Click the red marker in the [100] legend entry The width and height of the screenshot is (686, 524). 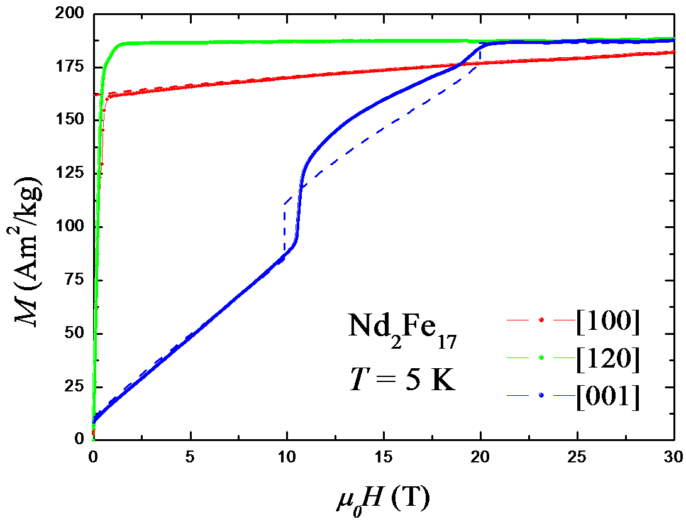(541, 320)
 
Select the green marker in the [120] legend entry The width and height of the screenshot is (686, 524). (541, 358)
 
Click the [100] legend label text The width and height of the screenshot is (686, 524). (607, 321)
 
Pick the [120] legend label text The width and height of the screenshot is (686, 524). (607, 359)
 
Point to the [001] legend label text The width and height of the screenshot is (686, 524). (607, 397)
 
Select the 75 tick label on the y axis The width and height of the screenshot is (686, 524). (72, 279)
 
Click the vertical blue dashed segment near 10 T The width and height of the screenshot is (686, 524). (284, 229)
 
